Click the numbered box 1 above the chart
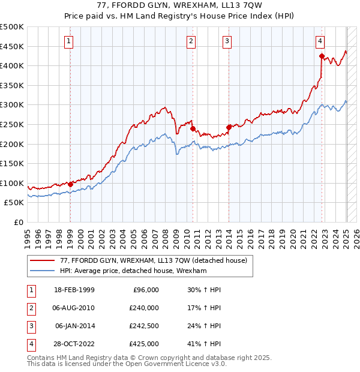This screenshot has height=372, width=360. pyautogui.click(x=70, y=41)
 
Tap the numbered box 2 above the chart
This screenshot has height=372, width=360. pyautogui.click(x=191, y=41)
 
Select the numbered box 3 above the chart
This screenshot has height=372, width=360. pyautogui.click(x=227, y=41)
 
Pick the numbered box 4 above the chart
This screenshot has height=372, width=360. pyautogui.click(x=320, y=41)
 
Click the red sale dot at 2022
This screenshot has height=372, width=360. pyautogui.click(x=322, y=56)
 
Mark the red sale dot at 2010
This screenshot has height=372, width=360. pyautogui.click(x=193, y=128)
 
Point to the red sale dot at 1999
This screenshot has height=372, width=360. pyautogui.click(x=71, y=184)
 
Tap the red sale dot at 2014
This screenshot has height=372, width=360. pyautogui.click(x=229, y=127)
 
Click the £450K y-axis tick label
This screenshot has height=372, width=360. pyautogui.click(x=12, y=46)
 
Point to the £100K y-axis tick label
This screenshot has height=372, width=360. pyautogui.click(x=12, y=183)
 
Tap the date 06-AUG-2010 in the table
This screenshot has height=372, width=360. pyautogui.click(x=74, y=308)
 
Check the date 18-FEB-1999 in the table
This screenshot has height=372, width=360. pyautogui.click(x=74, y=290)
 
